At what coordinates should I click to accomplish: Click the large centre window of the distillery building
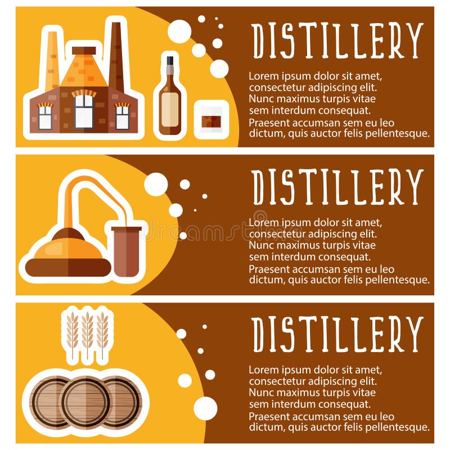(x=84, y=111)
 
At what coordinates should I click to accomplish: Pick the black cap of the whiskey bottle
(x=169, y=61)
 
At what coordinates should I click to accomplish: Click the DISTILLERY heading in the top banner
(x=337, y=41)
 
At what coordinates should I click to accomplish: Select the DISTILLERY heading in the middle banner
(x=337, y=187)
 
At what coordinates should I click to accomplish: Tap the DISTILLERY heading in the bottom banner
(x=337, y=333)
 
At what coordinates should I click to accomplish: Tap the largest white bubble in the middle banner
(x=156, y=184)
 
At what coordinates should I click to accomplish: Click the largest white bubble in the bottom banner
(x=205, y=408)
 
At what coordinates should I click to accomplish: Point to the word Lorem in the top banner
(x=263, y=75)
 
